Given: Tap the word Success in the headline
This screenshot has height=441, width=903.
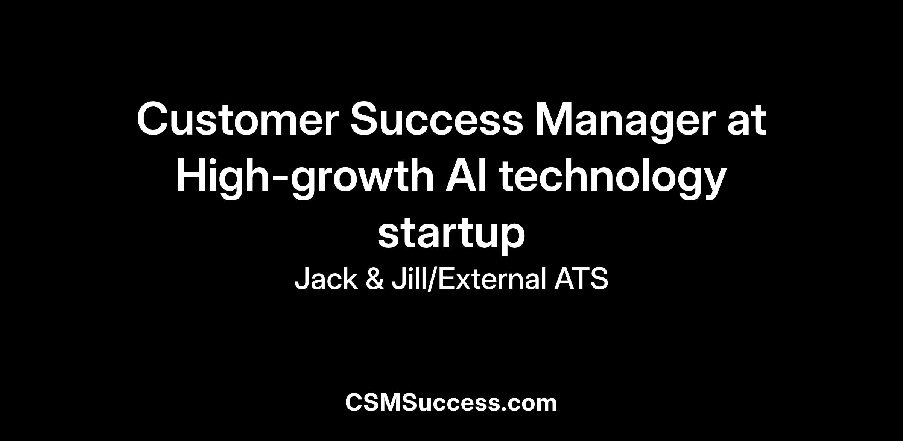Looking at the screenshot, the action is pyautogui.click(x=437, y=119).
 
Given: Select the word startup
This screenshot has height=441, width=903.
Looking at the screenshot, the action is pyautogui.click(x=451, y=235).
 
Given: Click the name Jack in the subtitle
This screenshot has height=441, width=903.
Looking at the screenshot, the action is pyautogui.click(x=326, y=279).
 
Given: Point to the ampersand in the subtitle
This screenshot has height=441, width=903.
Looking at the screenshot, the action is pyautogui.click(x=375, y=279).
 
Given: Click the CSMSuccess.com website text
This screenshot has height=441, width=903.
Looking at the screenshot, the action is pyautogui.click(x=451, y=402).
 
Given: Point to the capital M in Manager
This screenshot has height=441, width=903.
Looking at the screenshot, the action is pyautogui.click(x=554, y=119).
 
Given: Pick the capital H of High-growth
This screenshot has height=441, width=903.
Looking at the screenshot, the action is pyautogui.click(x=191, y=175).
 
